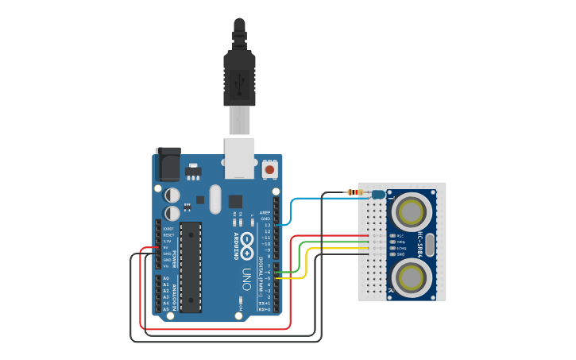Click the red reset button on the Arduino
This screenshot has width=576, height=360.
click(270, 169)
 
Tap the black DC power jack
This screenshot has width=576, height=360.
click(168, 165)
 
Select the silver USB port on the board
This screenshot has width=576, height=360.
click(239, 157)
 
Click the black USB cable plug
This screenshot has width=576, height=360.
click(239, 72)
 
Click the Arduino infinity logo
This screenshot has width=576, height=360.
click(248, 246)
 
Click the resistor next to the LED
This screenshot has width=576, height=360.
click(354, 192)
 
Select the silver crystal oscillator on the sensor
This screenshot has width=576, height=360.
click(430, 244)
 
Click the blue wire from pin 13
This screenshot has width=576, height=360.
click(292, 210)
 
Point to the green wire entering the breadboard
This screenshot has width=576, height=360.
click(334, 243)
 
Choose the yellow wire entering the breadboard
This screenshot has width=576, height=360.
click(334, 250)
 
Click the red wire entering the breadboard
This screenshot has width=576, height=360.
click(334, 236)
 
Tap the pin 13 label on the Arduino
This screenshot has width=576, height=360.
click(268, 225)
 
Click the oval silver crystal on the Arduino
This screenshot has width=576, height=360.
click(215, 200)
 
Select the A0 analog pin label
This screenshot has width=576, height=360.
click(166, 277)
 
